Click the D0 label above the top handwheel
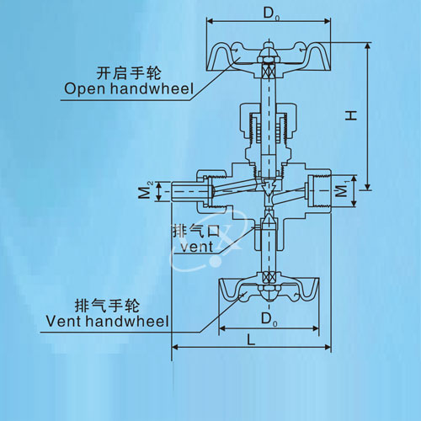pyautogui.click(x=271, y=13)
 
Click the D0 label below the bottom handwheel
pyautogui.click(x=269, y=319)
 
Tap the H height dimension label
pyautogui.click(x=351, y=115)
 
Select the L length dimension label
pyautogui.click(x=251, y=340)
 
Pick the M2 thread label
pyautogui.click(x=146, y=190)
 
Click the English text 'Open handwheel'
pyautogui.click(x=129, y=88)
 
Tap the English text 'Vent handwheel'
pyautogui.click(x=108, y=321)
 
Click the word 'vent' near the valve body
pyautogui.click(x=197, y=248)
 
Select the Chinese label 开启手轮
pyautogui.click(x=129, y=73)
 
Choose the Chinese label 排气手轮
pyautogui.click(x=107, y=306)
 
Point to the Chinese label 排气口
pyautogui.click(x=196, y=232)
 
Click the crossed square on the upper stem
pyautogui.click(x=269, y=70)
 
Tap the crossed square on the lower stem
pyautogui.click(x=269, y=278)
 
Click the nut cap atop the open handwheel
pyautogui.click(x=269, y=52)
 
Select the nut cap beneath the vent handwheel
pyautogui.click(x=269, y=293)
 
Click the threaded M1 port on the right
pyautogui.click(x=319, y=191)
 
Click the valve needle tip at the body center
pyautogui.click(x=269, y=187)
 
